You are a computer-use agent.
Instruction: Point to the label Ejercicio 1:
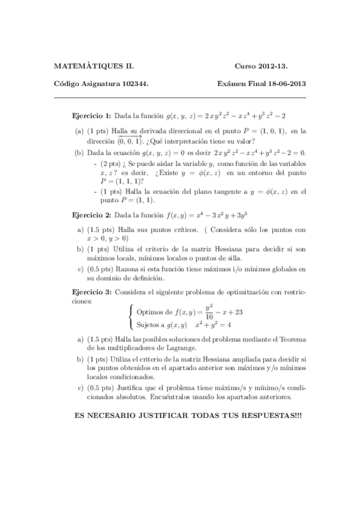(x=91, y=115)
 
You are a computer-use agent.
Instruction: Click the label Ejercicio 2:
(x=91, y=215)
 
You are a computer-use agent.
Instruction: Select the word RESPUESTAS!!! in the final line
(x=266, y=416)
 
